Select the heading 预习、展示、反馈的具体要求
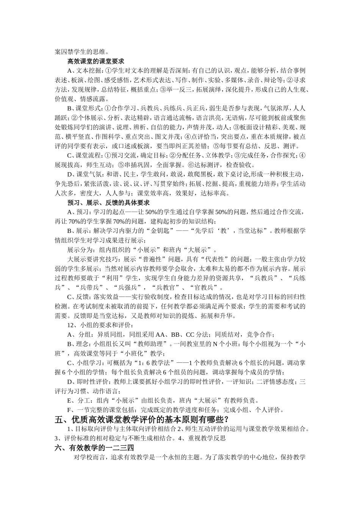(108, 203)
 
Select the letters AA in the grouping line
(160, 334)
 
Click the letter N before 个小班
(214, 344)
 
